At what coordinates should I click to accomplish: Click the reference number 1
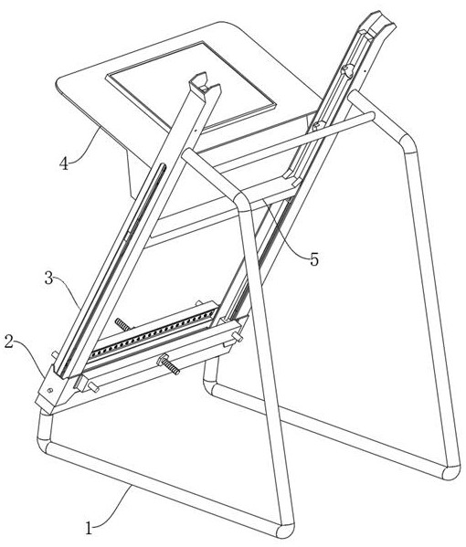89,528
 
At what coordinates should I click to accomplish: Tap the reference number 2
9,342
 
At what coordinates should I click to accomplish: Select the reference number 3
48,279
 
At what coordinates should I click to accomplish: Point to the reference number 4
64,163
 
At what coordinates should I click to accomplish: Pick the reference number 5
314,259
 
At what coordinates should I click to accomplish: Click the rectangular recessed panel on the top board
191,86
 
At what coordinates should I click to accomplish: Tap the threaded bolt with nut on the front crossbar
169,363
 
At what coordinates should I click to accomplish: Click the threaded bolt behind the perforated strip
123,324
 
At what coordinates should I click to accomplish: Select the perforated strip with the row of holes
153,334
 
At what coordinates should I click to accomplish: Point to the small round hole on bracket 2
50,390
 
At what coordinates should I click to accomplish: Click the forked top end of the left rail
205,84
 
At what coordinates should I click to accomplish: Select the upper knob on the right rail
347,70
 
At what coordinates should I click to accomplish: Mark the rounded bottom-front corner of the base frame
285,530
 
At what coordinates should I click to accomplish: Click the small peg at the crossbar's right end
237,337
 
